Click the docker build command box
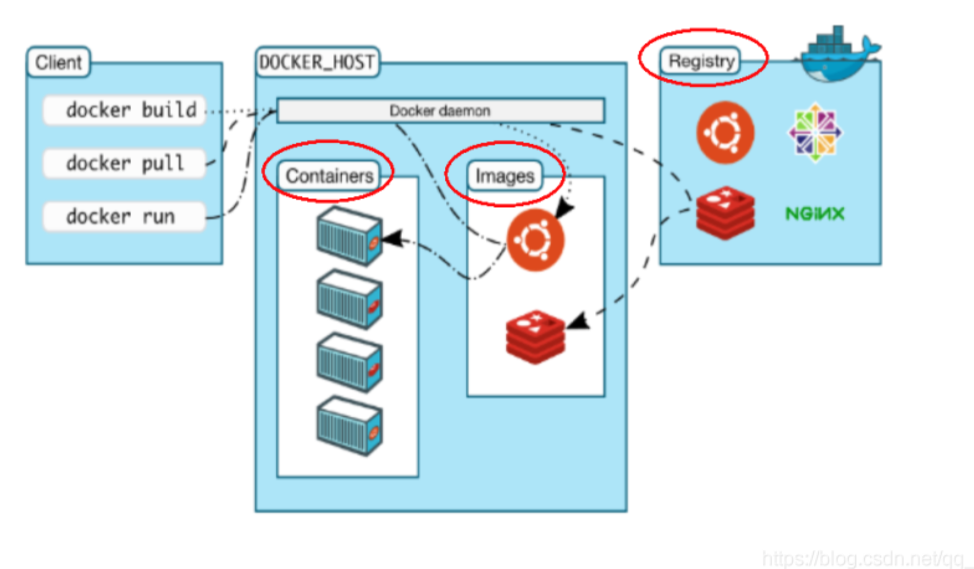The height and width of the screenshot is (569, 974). coord(124,111)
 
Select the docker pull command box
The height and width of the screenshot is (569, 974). coord(124,163)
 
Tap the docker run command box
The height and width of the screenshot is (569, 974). coord(124,217)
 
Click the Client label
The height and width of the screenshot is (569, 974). coord(58,62)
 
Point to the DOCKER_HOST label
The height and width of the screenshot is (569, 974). coord(317,62)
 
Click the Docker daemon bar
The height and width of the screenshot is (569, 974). coord(440,111)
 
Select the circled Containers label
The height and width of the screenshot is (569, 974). coord(329,176)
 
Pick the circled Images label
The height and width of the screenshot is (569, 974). coord(504,176)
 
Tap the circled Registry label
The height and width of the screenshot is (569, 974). coord(701,61)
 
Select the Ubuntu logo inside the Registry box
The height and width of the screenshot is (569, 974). coord(725,132)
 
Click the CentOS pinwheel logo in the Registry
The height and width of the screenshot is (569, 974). coord(814,132)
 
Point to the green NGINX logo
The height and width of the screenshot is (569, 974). coord(814,214)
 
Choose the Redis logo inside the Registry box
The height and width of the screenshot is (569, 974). coord(725,213)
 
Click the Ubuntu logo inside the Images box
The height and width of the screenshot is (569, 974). coord(535,240)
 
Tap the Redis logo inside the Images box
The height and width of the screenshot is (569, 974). coord(535,337)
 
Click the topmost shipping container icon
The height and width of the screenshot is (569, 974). coord(349,236)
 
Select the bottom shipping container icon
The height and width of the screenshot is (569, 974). coord(349,426)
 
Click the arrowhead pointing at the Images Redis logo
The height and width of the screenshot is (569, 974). coord(578,321)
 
